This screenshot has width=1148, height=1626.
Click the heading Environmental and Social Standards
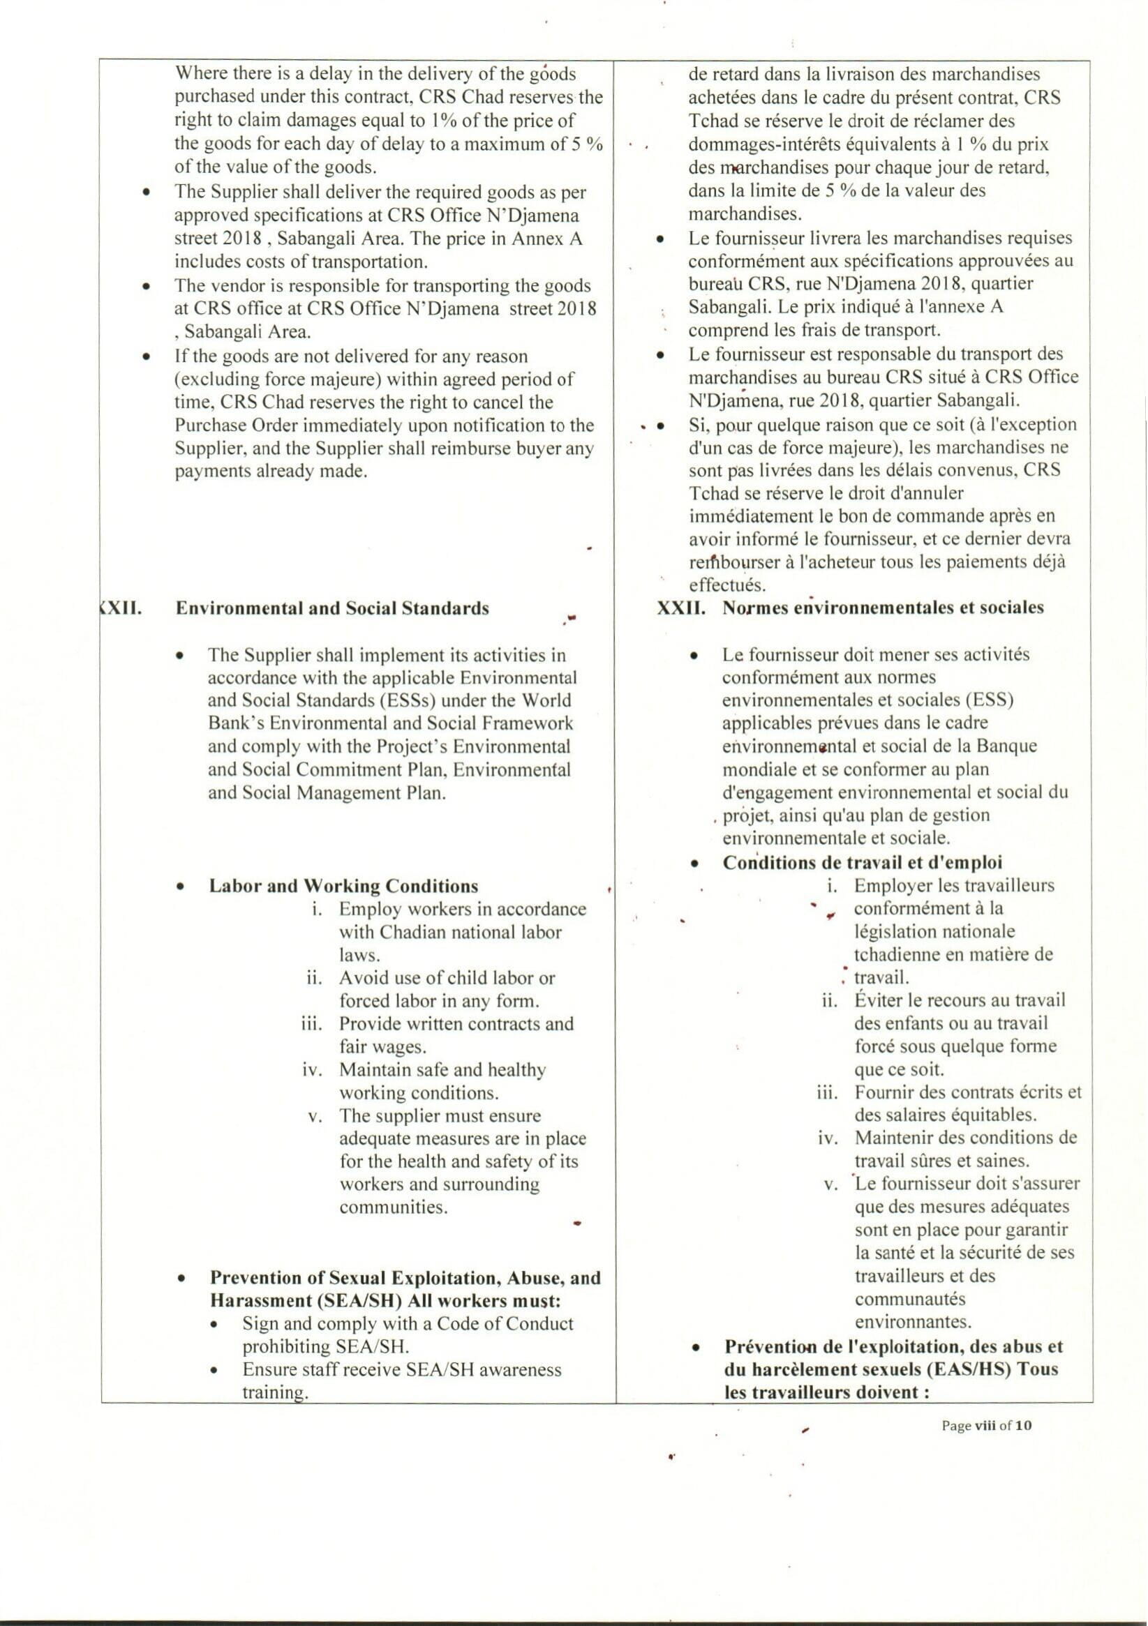click(331, 608)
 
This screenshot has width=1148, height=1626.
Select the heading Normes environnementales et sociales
click(882, 608)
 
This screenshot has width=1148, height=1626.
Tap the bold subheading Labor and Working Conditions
click(343, 886)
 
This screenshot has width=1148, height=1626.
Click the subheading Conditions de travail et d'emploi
click(862, 863)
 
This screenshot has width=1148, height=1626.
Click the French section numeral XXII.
click(680, 608)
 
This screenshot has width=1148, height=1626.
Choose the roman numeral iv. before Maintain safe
click(313, 1070)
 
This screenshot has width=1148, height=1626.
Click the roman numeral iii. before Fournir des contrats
click(827, 1093)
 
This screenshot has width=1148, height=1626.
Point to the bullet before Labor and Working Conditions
click(182, 887)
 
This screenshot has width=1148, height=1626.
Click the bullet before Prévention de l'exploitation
click(697, 1347)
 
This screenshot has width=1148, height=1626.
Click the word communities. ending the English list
click(394, 1207)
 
